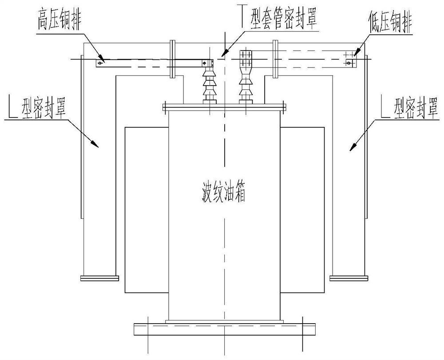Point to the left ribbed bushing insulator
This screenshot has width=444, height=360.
point(208,84)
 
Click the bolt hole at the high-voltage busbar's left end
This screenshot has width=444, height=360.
point(100,63)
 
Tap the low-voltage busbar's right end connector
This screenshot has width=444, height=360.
point(351,59)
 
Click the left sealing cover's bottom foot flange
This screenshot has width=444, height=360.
point(99,278)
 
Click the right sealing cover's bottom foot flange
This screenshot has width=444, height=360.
point(349,278)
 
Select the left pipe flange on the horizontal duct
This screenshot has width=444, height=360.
point(173,60)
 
